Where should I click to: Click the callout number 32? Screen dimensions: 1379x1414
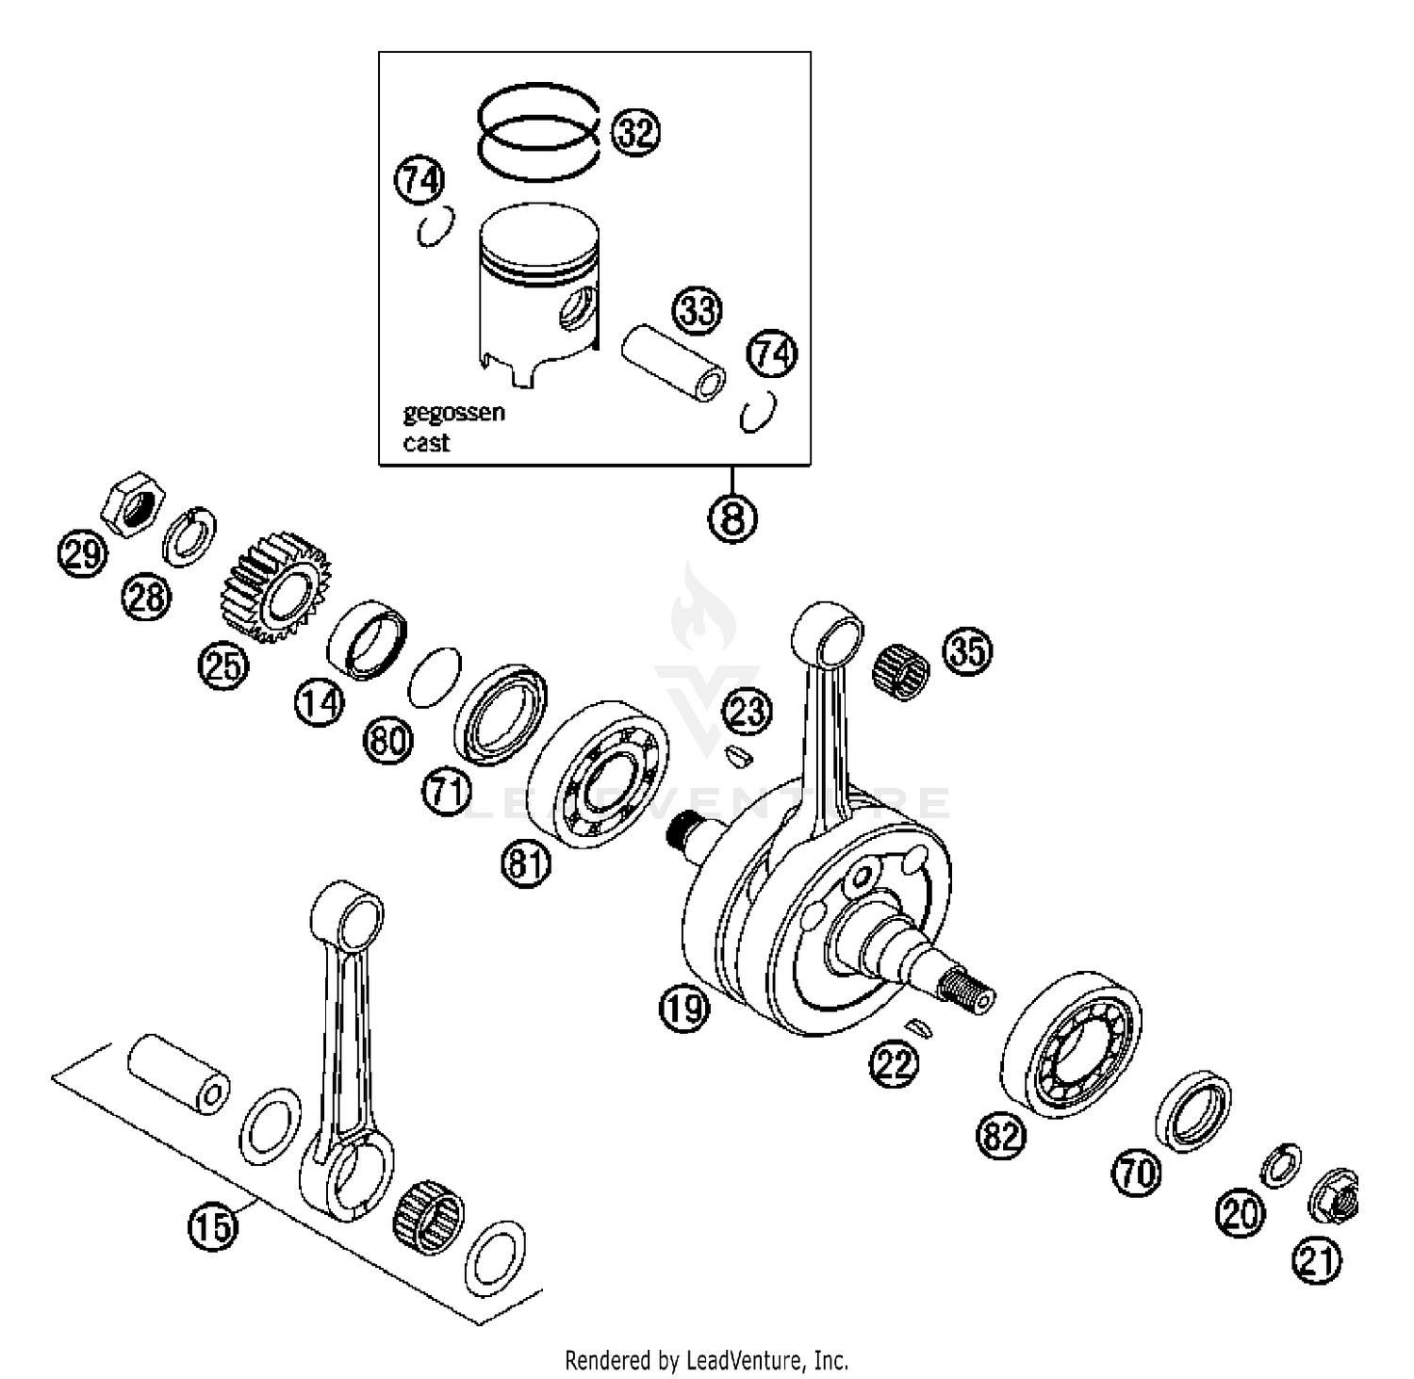tap(635, 132)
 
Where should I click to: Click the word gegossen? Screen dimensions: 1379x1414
tap(453, 413)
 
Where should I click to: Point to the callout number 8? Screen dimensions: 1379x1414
tap(732, 517)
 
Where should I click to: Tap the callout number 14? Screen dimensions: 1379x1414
tap(320, 702)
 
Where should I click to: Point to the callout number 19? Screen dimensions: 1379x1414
tap(683, 1010)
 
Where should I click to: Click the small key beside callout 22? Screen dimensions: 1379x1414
tap(918, 1026)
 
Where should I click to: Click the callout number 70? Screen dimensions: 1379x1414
tap(1138, 1174)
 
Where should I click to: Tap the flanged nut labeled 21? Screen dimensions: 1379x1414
tap(1335, 1196)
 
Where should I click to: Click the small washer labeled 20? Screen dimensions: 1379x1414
tap(1281, 1166)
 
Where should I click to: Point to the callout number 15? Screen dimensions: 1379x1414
tap(214, 1228)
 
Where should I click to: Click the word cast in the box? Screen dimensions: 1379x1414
tap(426, 443)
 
